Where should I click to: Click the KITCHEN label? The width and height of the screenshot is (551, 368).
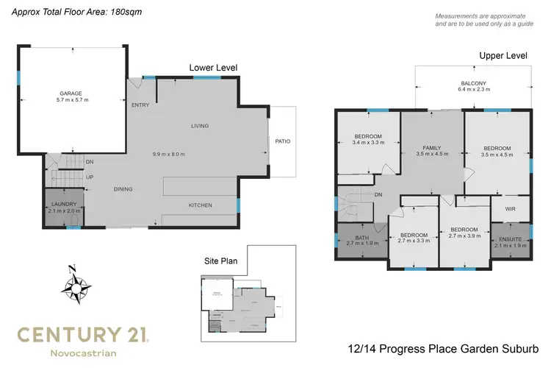click(x=201, y=205)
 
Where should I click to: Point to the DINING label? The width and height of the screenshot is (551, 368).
click(x=123, y=189)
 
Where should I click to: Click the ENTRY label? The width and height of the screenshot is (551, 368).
click(x=140, y=105)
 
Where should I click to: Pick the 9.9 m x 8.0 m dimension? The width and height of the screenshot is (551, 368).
click(x=168, y=154)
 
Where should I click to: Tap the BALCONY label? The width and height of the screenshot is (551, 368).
click(x=472, y=83)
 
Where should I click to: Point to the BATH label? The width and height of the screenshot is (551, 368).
click(x=362, y=237)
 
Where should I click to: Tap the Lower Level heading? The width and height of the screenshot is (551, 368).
click(x=213, y=68)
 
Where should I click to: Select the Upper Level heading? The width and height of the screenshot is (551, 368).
click(x=503, y=56)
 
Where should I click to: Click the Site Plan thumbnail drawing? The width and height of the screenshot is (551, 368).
click(x=240, y=302)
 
